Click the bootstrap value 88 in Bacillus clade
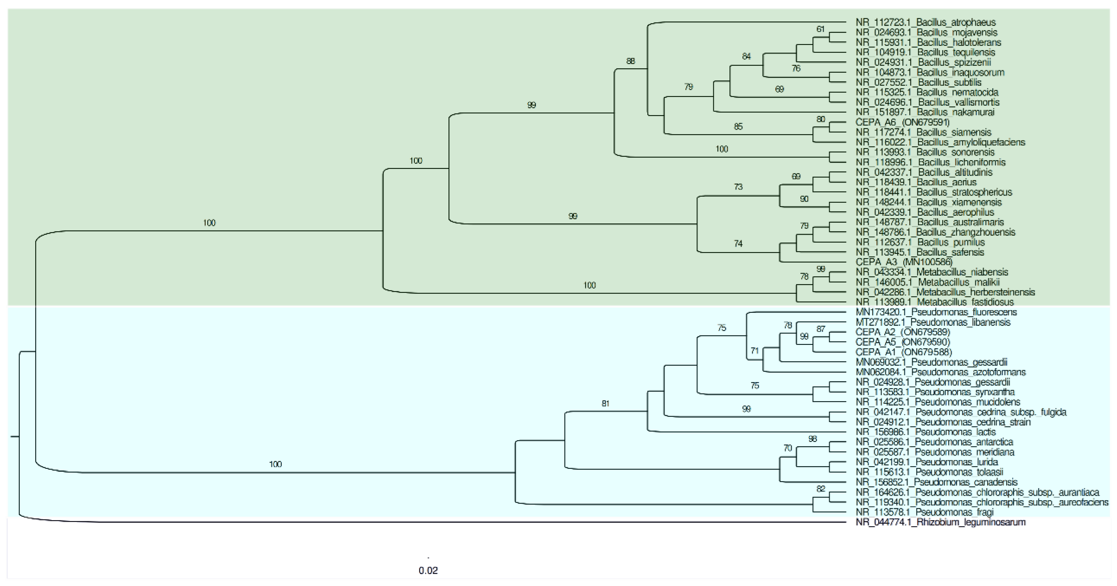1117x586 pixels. tap(631, 61)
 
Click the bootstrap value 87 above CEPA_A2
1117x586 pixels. tap(820, 329)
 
